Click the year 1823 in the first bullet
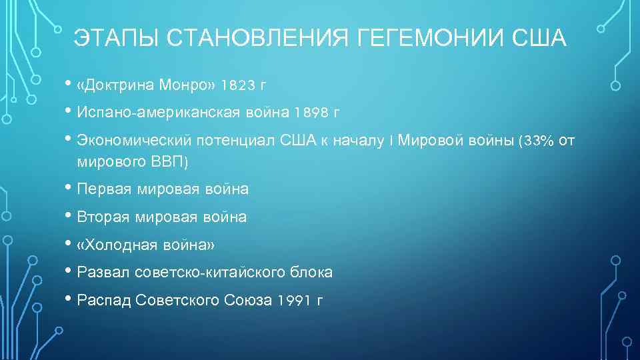click(x=236, y=85)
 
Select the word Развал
click(x=103, y=273)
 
